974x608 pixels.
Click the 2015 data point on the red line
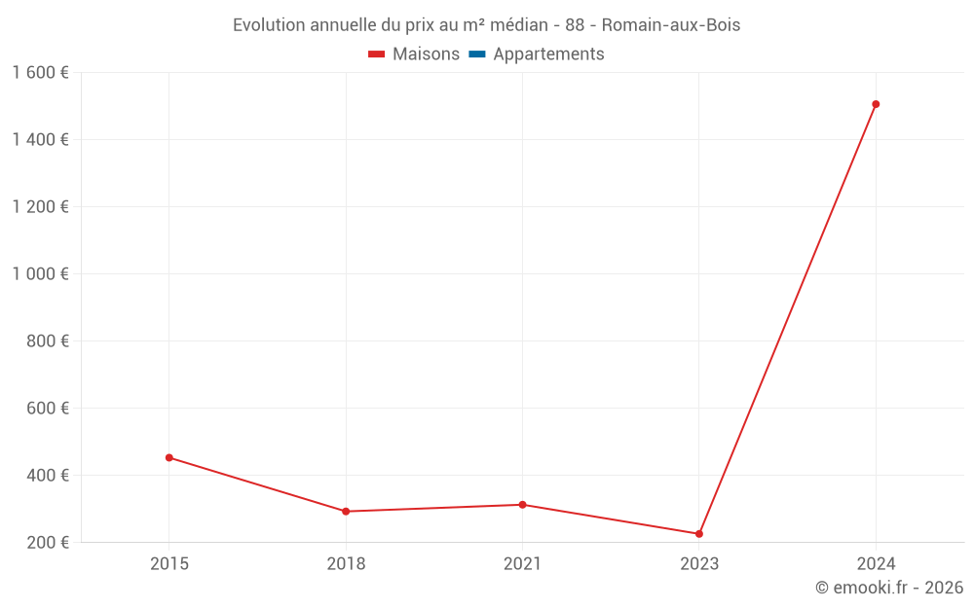(x=169, y=457)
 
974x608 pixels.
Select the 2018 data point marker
(x=346, y=511)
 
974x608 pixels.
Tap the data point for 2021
(x=523, y=505)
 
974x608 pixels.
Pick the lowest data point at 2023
(x=699, y=534)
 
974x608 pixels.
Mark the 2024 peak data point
(x=876, y=104)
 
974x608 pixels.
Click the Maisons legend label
(x=426, y=54)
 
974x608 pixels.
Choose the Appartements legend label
(x=548, y=54)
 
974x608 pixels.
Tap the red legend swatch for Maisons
(x=377, y=54)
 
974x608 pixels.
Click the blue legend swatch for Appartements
(x=477, y=54)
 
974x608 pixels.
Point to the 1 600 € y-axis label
(x=40, y=73)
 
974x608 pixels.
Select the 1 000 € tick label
(x=40, y=274)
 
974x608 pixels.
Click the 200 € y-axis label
(x=47, y=543)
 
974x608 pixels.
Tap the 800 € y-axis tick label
(x=47, y=341)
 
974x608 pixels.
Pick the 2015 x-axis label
(x=169, y=564)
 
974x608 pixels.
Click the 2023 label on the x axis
(x=699, y=564)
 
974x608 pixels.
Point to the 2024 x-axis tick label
(x=876, y=564)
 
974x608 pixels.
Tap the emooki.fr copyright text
(x=889, y=588)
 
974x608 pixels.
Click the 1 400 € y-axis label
(x=40, y=140)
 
